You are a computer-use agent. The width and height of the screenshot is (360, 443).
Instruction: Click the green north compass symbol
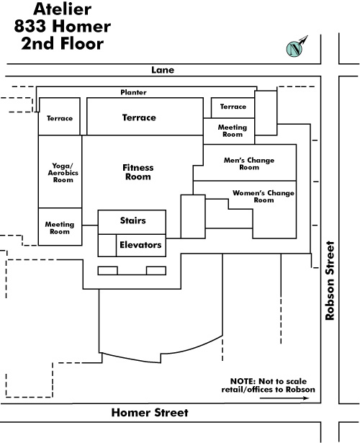[294, 48]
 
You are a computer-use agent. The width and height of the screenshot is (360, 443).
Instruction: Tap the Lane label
[163, 70]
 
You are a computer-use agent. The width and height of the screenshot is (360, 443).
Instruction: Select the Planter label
[133, 92]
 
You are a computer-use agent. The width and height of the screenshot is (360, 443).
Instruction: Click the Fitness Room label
[138, 172]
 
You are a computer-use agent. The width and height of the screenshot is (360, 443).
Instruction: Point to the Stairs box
[132, 222]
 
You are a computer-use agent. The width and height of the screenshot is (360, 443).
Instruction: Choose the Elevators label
[140, 245]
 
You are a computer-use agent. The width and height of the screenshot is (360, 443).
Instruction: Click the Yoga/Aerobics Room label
[63, 173]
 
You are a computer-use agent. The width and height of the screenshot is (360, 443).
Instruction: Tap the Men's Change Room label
[249, 164]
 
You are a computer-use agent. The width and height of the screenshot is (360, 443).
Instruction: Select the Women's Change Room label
[264, 197]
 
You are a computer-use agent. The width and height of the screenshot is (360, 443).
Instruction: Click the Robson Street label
[330, 280]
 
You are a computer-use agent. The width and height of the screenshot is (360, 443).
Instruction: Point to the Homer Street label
[150, 413]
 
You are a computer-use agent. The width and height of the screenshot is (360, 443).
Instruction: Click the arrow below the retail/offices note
[284, 398]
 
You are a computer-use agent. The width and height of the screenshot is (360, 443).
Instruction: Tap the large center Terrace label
[139, 117]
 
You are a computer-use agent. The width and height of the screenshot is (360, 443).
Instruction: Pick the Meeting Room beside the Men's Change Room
[233, 131]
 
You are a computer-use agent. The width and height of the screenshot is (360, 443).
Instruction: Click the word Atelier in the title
[63, 9]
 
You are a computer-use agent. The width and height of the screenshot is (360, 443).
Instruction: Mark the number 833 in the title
[30, 26]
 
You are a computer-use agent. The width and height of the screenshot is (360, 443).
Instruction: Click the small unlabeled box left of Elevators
[107, 246]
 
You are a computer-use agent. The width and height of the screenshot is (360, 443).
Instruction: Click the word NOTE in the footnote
[243, 381]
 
